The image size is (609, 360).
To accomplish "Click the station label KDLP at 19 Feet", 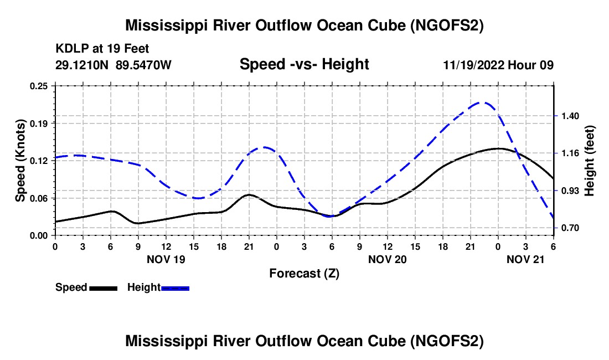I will click(102, 49).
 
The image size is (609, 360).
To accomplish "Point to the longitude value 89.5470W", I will click(144, 65).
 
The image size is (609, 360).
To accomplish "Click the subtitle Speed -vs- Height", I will click(304, 64).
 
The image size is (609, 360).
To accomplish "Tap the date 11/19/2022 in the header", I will click(475, 65).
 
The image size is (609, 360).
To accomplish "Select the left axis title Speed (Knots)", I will click(20, 161).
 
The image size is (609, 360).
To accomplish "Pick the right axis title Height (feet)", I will click(589, 161).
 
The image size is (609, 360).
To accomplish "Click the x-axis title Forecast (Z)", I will click(304, 273).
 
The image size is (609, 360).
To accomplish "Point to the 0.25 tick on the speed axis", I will click(39, 86).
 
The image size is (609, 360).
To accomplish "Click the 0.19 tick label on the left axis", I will click(39, 123).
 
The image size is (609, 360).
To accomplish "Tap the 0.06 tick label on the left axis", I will click(39, 198).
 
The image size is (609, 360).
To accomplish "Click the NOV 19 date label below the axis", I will click(166, 259).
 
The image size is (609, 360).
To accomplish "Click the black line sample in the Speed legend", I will click(104, 288).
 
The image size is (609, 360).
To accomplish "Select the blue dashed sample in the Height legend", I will click(175, 288).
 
